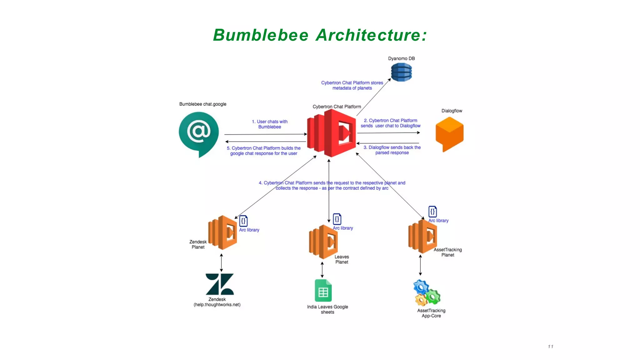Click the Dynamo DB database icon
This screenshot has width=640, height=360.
click(401, 72)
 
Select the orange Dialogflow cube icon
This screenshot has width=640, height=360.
click(449, 134)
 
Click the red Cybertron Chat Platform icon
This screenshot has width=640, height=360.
click(332, 133)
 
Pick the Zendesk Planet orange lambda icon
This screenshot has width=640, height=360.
click(223, 232)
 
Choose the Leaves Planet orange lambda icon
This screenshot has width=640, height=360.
click(323, 242)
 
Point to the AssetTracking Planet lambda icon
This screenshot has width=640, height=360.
click(422, 236)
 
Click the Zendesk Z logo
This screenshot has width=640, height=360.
click(220, 284)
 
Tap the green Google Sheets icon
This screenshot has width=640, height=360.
click(323, 290)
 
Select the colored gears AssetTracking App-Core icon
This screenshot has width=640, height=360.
click(427, 293)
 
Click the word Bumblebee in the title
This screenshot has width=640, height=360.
click(261, 35)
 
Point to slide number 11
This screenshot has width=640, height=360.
click(550, 347)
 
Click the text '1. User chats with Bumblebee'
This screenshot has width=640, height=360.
click(270, 124)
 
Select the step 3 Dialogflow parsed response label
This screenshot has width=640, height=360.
click(392, 150)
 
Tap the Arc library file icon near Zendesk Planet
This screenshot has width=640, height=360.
click(243, 221)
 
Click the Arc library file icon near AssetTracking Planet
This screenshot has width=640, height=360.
click(432, 212)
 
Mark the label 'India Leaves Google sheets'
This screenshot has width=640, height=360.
click(327, 309)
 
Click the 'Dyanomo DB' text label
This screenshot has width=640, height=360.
click(401, 58)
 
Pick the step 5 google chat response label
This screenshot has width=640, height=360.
click(264, 151)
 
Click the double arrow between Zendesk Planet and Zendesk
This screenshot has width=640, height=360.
click(221, 262)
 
